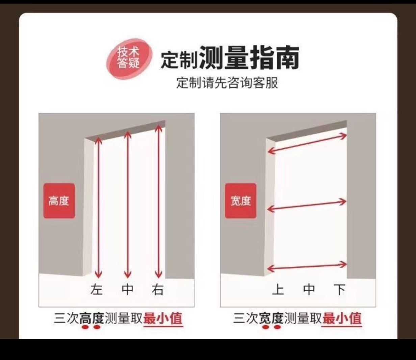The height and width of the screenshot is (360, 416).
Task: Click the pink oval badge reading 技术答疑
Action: tap(129, 58)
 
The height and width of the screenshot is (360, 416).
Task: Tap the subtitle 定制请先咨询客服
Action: tap(227, 82)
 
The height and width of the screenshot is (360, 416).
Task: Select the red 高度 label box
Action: tap(59, 201)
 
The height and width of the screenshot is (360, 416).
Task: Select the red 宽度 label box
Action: tap(240, 201)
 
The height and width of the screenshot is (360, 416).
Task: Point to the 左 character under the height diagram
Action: tap(96, 290)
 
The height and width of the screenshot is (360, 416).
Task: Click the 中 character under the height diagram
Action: tap(127, 290)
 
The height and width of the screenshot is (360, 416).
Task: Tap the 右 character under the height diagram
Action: tap(158, 290)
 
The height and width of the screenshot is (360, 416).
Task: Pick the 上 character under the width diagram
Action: tap(278, 290)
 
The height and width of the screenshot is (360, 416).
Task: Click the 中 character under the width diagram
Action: tap(309, 290)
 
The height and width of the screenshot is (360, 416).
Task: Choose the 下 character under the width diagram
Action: tap(339, 290)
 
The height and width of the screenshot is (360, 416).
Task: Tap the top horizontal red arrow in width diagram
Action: tap(307, 144)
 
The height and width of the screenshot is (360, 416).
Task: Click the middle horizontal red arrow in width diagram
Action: tap(307, 205)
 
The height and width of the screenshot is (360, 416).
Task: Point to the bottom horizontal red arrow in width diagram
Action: tap(307, 267)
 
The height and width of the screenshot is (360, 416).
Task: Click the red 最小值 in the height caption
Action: tap(163, 319)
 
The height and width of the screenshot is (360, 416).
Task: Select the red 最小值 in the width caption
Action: tap(342, 319)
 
